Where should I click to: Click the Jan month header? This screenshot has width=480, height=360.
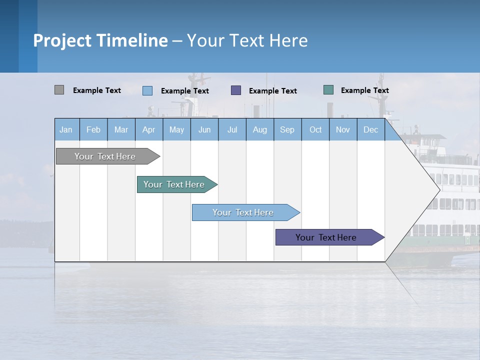pyautogui.click(x=66, y=129)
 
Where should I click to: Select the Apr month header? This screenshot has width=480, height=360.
pyautogui.click(x=149, y=129)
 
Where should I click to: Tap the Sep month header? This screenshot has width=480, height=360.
pyautogui.click(x=287, y=129)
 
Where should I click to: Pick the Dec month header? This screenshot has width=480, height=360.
pyautogui.click(x=370, y=129)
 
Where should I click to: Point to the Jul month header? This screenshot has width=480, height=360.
pyautogui.click(x=232, y=129)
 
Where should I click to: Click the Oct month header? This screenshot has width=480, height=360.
pyautogui.click(x=315, y=129)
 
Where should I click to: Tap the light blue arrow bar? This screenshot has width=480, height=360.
pyautogui.click(x=243, y=212)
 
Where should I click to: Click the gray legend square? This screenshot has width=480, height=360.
pyautogui.click(x=59, y=90)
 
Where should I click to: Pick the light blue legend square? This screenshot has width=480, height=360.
pyautogui.click(x=147, y=90)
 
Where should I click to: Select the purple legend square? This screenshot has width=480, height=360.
pyautogui.click(x=236, y=90)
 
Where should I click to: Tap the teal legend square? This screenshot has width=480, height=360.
pyautogui.click(x=328, y=90)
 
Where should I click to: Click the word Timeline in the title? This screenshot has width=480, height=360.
pyautogui.click(x=131, y=40)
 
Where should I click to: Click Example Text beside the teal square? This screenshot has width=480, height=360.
pyautogui.click(x=364, y=90)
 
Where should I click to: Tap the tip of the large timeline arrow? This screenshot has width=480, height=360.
pyautogui.click(x=438, y=189)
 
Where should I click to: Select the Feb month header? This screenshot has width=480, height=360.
pyautogui.click(x=93, y=129)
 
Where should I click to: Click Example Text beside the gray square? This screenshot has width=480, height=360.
pyautogui.click(x=97, y=90)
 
